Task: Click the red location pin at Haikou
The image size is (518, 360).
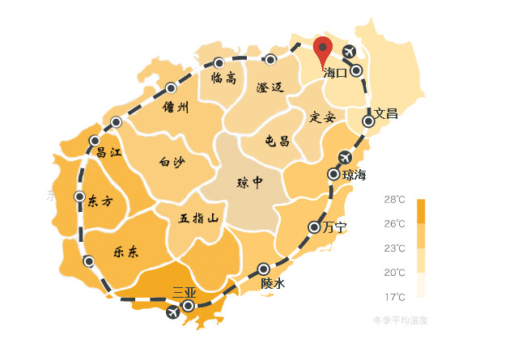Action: pyautogui.click(x=323, y=50)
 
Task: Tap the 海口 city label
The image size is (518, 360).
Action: pyautogui.click(x=335, y=73)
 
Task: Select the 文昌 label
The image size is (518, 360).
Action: pyautogui.click(x=386, y=113)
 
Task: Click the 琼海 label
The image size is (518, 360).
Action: pyautogui.click(x=355, y=174)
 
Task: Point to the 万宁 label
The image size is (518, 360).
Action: pyautogui.click(x=334, y=227)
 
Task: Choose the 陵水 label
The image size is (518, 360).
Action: pyautogui.click(x=273, y=284)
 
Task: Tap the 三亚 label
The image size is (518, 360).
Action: pyautogui.click(x=185, y=292)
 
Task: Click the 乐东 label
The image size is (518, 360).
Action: pyautogui.click(x=126, y=252)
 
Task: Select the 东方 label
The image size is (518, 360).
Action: pyautogui.click(x=100, y=201)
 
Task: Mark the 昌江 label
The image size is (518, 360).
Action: pyautogui.click(x=108, y=151)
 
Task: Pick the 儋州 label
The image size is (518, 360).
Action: pyautogui.click(x=175, y=107)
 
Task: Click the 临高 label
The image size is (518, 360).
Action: pyautogui.click(x=223, y=78)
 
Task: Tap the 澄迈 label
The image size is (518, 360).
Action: pyautogui.click(x=270, y=87)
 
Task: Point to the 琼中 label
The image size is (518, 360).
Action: pyautogui.click(x=249, y=182)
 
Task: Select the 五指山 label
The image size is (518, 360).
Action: pyautogui.click(x=199, y=218)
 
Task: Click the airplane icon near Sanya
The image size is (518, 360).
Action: pyautogui.click(x=172, y=312)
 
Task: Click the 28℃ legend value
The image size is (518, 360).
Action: pyautogui.click(x=394, y=199)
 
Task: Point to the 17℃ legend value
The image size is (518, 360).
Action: pyautogui.click(x=394, y=296)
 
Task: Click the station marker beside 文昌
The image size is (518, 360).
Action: pyautogui.click(x=369, y=121)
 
